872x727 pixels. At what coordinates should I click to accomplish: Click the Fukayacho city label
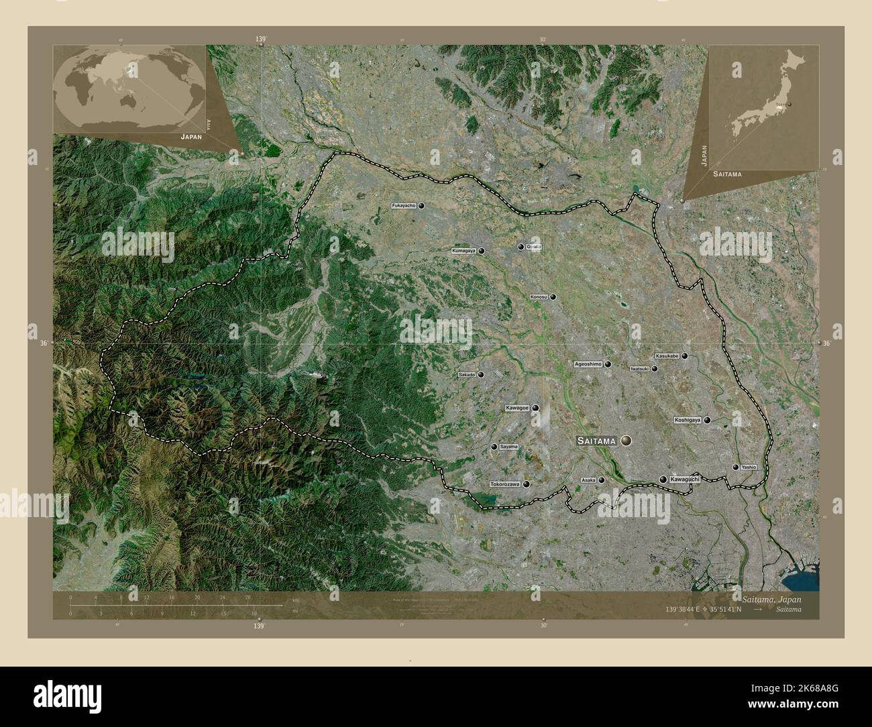coord(404,206)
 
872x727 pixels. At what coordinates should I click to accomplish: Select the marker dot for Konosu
coord(553,296)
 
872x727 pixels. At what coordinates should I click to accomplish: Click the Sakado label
coord(466,374)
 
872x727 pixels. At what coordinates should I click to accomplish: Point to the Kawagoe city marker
coord(535,408)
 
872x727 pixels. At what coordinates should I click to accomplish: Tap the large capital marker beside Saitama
coord(626,441)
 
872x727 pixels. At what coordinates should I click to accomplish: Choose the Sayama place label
coord(509,447)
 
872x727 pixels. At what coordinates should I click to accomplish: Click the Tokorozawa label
coord(505,484)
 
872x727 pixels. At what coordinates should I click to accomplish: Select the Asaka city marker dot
coord(602,480)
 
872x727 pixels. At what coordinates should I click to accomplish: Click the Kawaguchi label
coord(685,480)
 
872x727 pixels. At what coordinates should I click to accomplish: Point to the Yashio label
coord(749,467)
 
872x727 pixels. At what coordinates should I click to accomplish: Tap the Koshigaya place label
coord(688,420)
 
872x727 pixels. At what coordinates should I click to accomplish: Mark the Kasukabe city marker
coord(684,356)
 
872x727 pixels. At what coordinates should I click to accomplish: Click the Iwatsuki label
coord(639,368)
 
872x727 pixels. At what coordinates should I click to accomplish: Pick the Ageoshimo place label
coord(588,364)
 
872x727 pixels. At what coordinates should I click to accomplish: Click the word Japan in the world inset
coord(190,135)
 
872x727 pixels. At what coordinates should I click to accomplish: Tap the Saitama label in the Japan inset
coord(728,174)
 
